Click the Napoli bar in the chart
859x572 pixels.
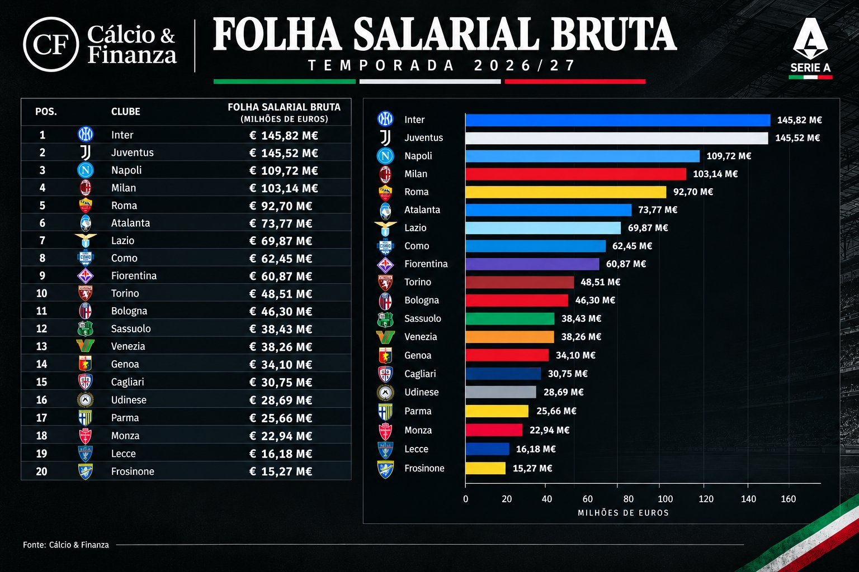click(583, 156)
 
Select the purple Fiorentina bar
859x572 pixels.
click(532, 264)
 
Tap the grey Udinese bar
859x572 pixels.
click(501, 392)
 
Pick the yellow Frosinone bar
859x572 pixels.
click(485, 468)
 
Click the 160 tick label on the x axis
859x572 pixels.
click(789, 499)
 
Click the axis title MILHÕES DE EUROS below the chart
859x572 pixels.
click(623, 513)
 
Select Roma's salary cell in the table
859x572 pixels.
click(281, 206)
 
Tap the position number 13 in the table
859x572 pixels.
click(41, 346)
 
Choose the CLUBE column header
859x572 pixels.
click(125, 112)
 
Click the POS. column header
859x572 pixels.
click(46, 112)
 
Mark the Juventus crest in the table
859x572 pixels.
click(86, 152)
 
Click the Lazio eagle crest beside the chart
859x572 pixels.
click(385, 228)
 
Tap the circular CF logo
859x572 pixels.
click(51, 45)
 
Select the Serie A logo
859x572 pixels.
click(810, 48)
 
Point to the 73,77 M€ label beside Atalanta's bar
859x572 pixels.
click(658, 210)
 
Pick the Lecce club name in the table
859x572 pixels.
click(124, 454)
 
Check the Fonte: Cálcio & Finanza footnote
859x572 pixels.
click(66, 545)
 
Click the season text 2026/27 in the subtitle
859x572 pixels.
click(524, 65)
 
